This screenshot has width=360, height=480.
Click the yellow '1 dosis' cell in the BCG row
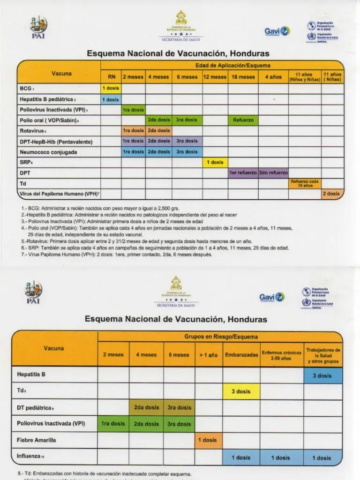coord(111,88)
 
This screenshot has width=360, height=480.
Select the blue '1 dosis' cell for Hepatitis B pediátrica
coord(111,99)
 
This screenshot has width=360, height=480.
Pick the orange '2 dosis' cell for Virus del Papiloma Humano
coord(332,194)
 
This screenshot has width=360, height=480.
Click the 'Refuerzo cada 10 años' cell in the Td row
coord(305,183)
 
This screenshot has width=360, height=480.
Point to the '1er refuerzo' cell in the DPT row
coord(243,172)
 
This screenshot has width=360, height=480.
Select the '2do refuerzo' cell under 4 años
coord(273,172)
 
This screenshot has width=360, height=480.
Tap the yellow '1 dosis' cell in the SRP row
coord(215,162)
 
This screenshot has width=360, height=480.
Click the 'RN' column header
coord(111,77)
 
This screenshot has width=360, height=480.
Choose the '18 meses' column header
coord(243,77)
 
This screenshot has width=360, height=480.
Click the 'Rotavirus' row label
coord(32,131)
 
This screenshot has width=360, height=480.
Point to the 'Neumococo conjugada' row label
coord(48,152)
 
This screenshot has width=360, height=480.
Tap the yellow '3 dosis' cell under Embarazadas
coord(241,391)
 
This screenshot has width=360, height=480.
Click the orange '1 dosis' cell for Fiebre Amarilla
coord(208,440)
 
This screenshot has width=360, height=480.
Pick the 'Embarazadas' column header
coord(241,355)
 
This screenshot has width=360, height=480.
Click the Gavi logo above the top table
coord(277,31)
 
